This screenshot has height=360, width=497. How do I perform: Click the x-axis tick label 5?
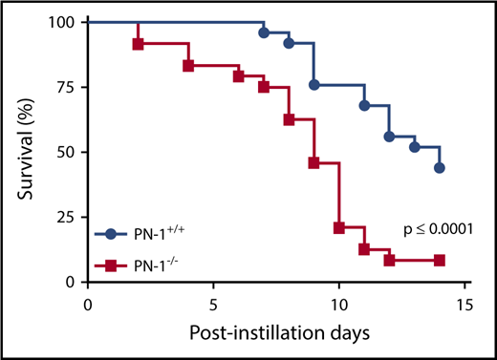click(x=213, y=305)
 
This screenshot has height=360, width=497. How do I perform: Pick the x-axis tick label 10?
click(x=338, y=305)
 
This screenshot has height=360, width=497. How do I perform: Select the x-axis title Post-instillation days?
click(x=275, y=333)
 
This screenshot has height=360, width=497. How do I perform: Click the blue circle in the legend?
click(x=111, y=233)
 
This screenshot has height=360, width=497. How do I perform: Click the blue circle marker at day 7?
click(x=264, y=32)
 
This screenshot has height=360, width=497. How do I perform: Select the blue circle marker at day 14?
click(x=440, y=167)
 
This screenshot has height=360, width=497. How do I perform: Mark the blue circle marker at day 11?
click(x=364, y=105)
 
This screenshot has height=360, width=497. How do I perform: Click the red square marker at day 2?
click(x=138, y=44)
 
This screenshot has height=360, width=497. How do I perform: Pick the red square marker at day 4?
click(x=188, y=66)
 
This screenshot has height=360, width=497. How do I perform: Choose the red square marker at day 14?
click(x=440, y=260)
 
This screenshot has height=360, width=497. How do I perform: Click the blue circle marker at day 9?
click(x=314, y=85)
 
